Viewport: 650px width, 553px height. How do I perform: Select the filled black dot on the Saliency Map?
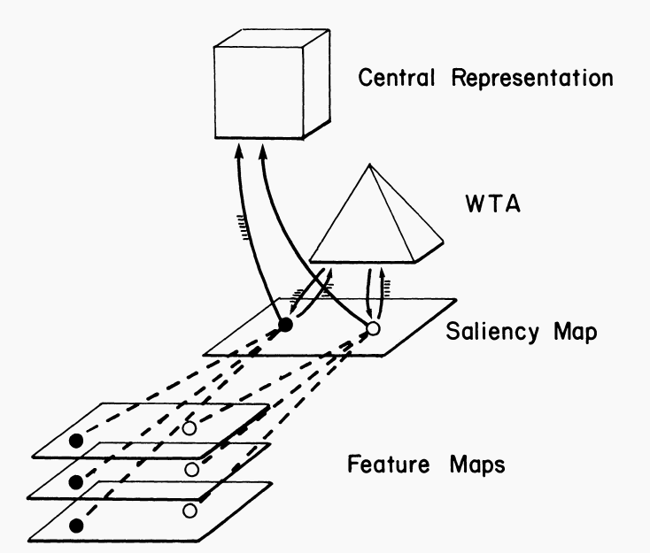coord(285,326)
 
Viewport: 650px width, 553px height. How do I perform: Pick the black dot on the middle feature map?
coord(76,482)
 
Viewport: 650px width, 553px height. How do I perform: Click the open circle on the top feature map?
coord(189,427)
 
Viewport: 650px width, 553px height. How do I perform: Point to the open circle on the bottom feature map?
coord(189,511)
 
